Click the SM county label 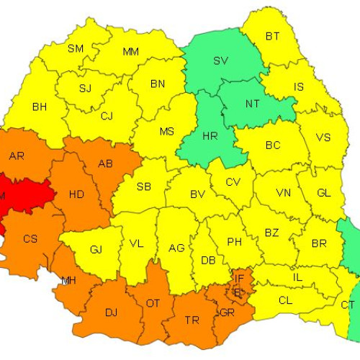tap(75, 49)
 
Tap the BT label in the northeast tap(272, 36)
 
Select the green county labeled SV tap(220, 60)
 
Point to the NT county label tap(252, 104)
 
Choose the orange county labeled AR tap(17, 156)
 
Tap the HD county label tap(76, 194)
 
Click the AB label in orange tap(105, 163)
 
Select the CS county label tap(30, 238)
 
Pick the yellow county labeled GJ tap(96, 250)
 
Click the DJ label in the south tap(112, 312)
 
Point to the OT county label tap(153, 303)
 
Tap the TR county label tap(193, 320)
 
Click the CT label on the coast tap(347, 305)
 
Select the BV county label tap(198, 194)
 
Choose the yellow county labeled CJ tap(107, 115)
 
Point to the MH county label tap(69, 280)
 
